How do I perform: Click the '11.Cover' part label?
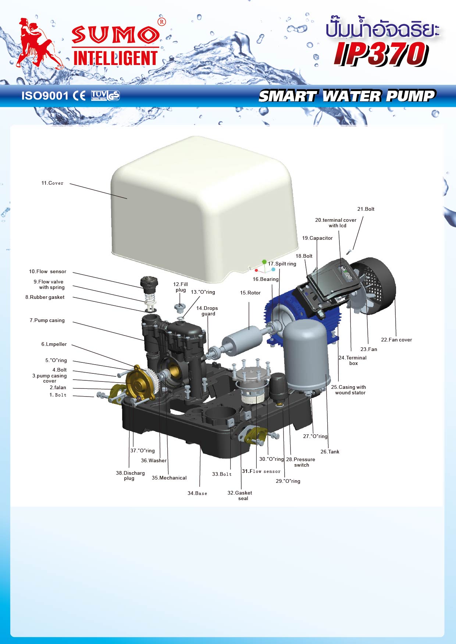[x=52, y=183]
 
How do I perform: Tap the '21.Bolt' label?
[x=366, y=209]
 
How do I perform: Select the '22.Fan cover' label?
[x=396, y=340]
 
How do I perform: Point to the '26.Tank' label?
[x=330, y=452]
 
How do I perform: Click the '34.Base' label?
[x=197, y=493]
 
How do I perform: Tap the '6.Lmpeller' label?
[x=54, y=344]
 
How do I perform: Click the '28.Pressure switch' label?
[x=301, y=462]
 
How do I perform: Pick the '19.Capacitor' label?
[x=317, y=238]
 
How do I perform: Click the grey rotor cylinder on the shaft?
[x=242, y=340]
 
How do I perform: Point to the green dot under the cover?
[x=264, y=262]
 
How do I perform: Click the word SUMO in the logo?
[x=116, y=35]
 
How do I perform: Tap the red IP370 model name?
[x=381, y=54]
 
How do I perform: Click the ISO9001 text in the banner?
[x=45, y=96]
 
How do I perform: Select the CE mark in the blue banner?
[x=79, y=96]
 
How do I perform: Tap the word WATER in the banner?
[x=352, y=96]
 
